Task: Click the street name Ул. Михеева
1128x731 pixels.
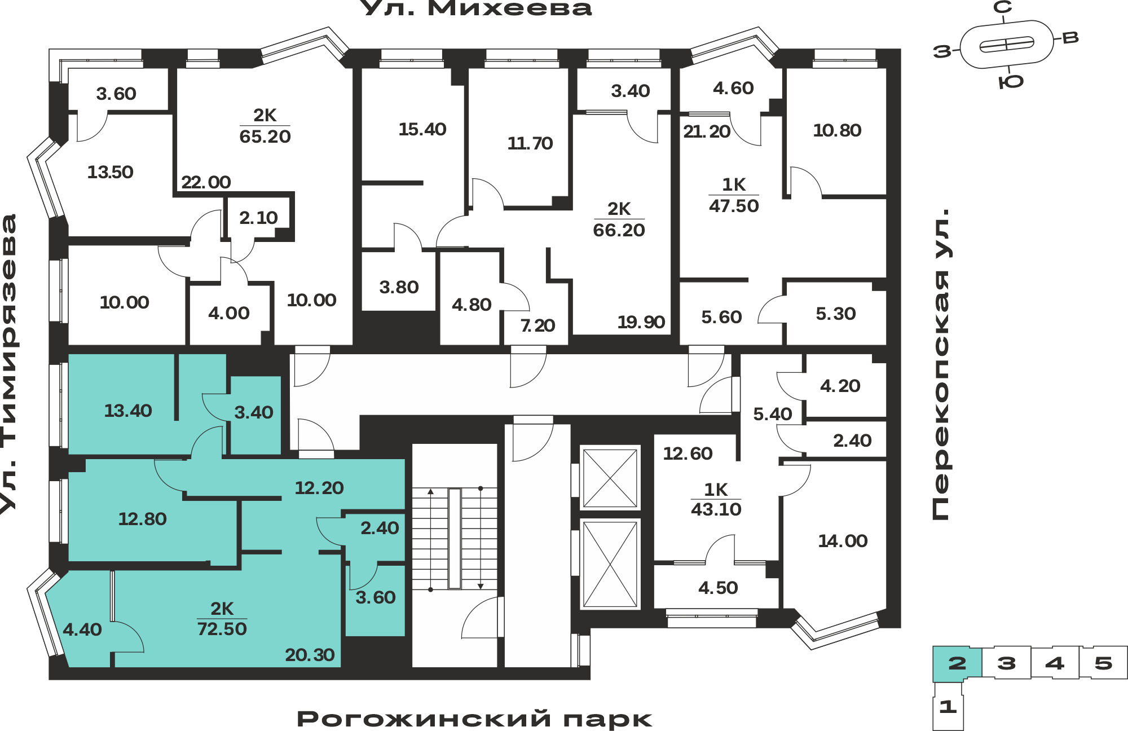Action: point(475,8)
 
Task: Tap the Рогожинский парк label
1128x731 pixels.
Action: point(474,719)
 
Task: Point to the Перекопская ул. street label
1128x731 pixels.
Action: point(941,364)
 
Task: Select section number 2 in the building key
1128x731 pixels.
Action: point(957,663)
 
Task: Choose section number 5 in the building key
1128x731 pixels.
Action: point(1103,663)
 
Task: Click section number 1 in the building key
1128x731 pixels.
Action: point(948,706)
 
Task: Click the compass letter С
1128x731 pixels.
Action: point(1002,7)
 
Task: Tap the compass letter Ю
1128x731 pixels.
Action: point(1011,82)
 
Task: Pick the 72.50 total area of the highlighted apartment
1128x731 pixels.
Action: point(222,628)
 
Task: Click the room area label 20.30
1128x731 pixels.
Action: point(310,655)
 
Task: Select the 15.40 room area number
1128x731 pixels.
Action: point(422,129)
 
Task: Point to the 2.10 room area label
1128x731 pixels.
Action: point(258,218)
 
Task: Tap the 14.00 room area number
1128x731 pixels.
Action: point(843,541)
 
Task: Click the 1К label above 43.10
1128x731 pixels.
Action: point(716,489)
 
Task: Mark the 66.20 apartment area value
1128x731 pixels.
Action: point(619,230)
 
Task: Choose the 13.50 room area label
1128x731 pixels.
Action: point(110,172)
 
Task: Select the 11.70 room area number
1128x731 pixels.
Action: point(530,143)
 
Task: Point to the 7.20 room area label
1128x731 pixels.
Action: point(537,325)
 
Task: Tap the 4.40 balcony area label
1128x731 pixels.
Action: point(82,629)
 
